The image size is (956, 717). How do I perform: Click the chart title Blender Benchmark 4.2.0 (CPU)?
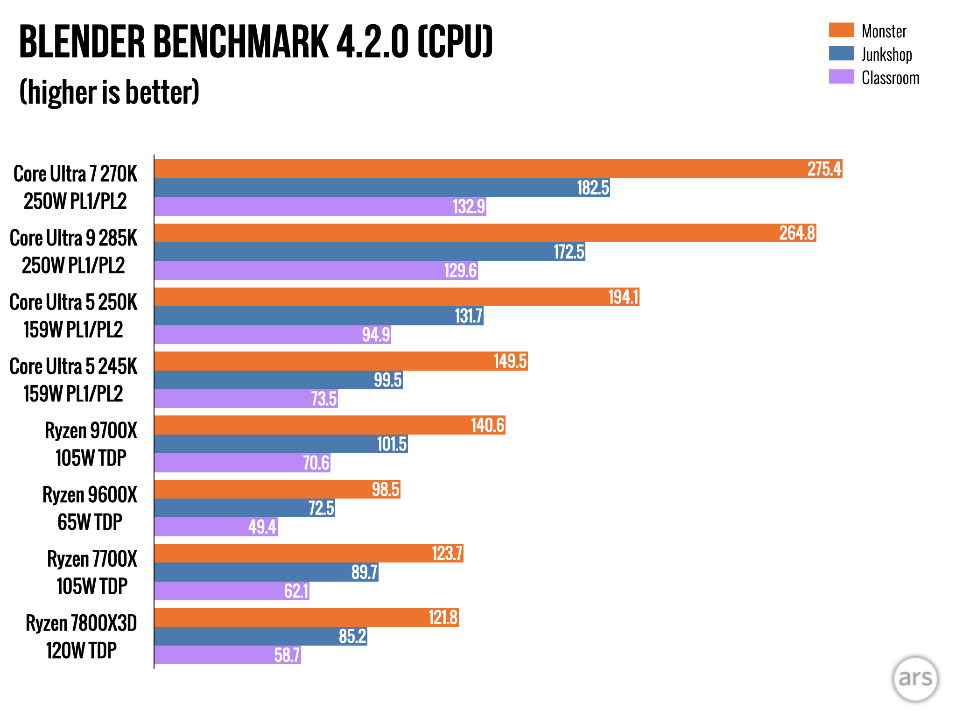pos(256,42)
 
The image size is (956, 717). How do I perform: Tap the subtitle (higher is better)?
pos(109,92)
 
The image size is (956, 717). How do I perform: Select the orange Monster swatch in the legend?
pos(841,30)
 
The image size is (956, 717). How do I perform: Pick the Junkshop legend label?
pos(886,55)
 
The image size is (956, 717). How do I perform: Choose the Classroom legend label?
pos(890,78)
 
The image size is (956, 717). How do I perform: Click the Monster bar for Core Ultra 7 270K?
pos(498,169)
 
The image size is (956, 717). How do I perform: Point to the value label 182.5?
pos(593,188)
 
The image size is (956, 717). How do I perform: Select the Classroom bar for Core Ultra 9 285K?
pos(316,271)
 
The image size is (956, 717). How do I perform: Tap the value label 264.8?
pos(797,233)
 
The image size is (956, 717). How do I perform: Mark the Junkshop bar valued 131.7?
pos(318,316)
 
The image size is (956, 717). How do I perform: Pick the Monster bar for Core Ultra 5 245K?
pos(341,361)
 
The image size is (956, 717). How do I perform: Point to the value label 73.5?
pos(323,399)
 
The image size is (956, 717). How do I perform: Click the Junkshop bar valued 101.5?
pos(281,444)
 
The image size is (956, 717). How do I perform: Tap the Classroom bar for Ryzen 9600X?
pos(216,527)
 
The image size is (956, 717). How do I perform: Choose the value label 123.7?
pos(447,554)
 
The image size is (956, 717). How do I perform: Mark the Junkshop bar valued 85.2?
pos(260,636)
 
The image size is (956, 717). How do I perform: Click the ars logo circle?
pos(915,679)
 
